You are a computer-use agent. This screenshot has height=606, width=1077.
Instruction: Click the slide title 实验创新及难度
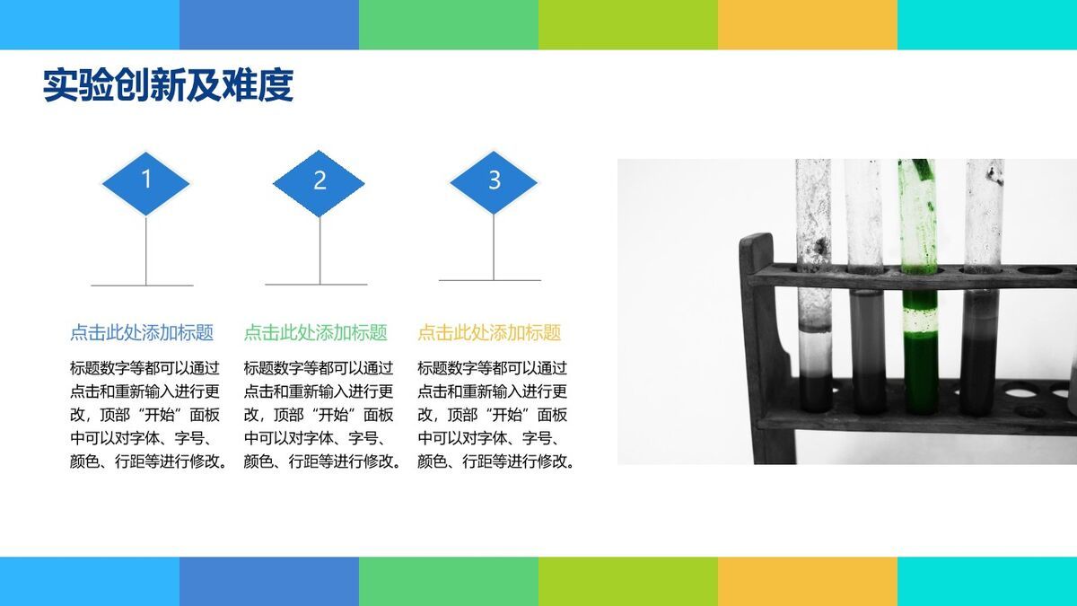168,86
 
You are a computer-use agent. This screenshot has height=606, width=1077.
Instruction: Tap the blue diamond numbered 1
146,182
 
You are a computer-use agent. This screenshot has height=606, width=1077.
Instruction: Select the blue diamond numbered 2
320,182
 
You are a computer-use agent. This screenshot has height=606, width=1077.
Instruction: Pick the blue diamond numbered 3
494,181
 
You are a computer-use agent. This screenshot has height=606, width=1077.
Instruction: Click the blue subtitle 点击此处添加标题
142,333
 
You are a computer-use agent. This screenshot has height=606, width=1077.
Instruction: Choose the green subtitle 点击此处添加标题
316,333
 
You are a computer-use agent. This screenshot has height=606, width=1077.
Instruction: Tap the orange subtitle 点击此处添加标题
489,333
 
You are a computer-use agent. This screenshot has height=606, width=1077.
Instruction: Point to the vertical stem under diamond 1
146,251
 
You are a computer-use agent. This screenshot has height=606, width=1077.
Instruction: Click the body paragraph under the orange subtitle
496,415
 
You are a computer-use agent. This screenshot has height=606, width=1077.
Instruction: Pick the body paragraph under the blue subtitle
148,415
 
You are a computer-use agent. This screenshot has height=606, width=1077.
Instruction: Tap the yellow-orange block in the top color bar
807,24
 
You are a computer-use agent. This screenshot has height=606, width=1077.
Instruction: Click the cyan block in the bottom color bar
986,581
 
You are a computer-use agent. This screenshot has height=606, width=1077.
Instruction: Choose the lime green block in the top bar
627,24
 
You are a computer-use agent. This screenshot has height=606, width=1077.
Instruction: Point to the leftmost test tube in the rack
813,287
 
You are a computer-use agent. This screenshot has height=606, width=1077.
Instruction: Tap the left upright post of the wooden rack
759,350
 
